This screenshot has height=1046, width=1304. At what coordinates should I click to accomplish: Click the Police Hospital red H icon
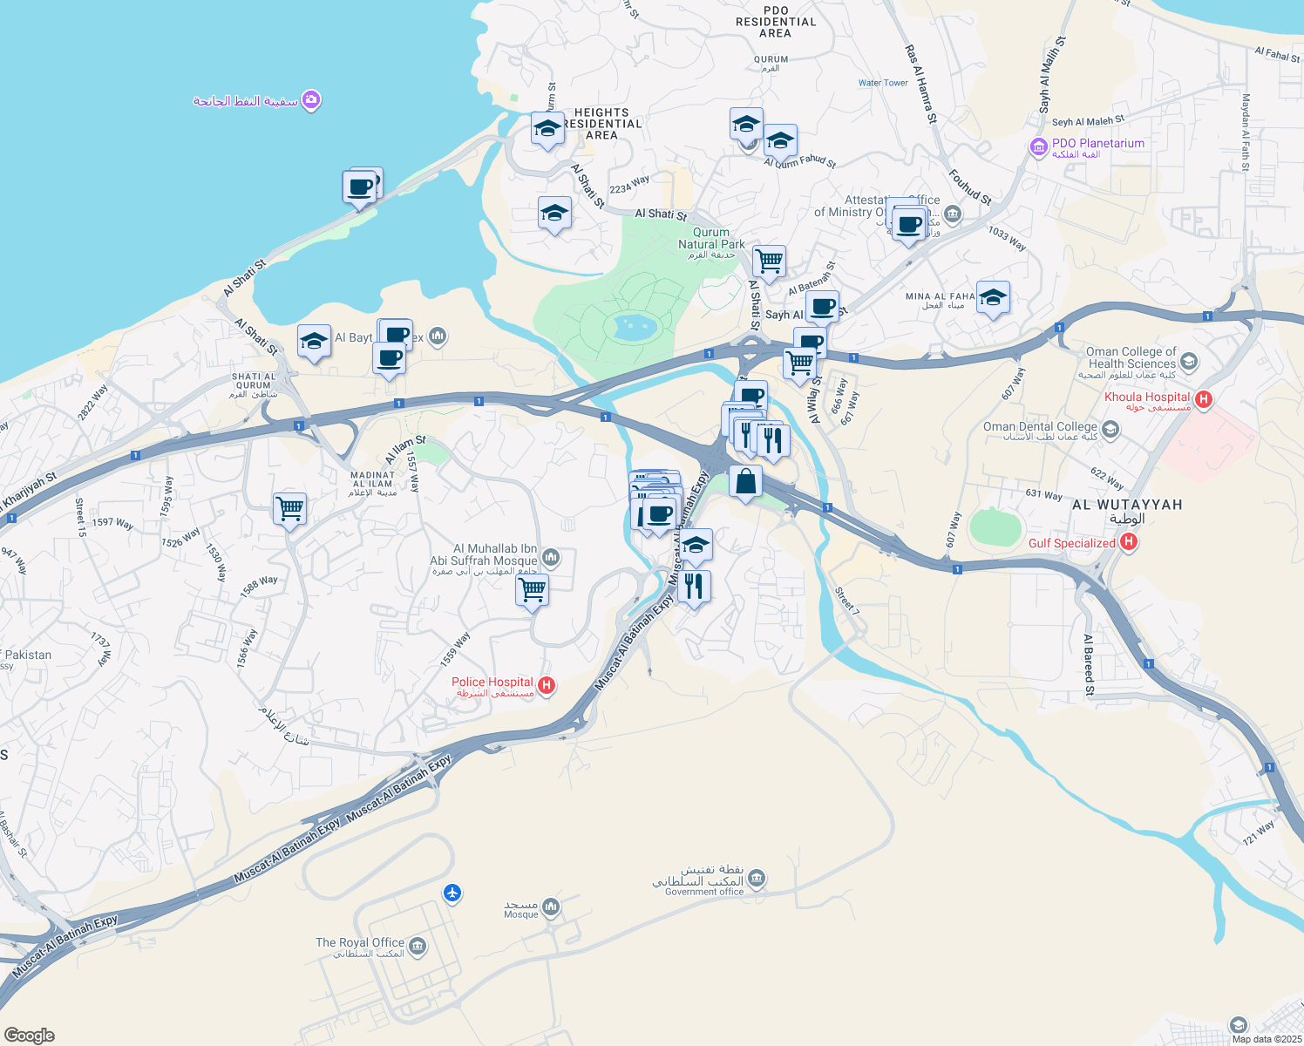click(547, 685)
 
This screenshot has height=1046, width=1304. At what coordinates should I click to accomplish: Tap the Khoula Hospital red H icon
click(1204, 400)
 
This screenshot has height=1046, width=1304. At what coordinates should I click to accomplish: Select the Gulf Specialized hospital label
click(1071, 543)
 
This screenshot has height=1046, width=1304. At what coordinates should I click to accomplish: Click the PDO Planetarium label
click(1097, 144)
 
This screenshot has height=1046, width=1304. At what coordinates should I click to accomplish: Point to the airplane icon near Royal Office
click(452, 893)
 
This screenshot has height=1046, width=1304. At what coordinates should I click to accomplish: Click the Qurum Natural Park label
click(711, 239)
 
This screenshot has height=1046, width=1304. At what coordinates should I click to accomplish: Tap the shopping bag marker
click(745, 482)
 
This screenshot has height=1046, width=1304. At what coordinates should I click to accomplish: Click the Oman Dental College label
click(1040, 427)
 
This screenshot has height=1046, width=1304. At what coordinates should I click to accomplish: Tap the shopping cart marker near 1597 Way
click(289, 507)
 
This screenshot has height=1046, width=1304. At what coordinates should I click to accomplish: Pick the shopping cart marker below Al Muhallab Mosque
click(532, 590)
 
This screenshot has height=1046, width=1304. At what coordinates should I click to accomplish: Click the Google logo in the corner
click(29, 1035)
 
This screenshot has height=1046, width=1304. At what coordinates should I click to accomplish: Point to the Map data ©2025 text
click(1267, 1038)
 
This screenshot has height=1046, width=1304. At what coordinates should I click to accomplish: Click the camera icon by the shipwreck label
click(311, 100)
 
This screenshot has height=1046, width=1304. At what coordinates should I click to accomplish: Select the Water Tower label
click(883, 83)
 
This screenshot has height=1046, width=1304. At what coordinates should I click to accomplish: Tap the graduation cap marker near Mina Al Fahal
click(993, 298)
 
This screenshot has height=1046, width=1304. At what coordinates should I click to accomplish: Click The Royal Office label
click(360, 943)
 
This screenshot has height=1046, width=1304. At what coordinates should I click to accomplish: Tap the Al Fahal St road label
click(1277, 55)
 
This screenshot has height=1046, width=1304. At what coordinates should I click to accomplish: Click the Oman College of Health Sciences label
click(1131, 357)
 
